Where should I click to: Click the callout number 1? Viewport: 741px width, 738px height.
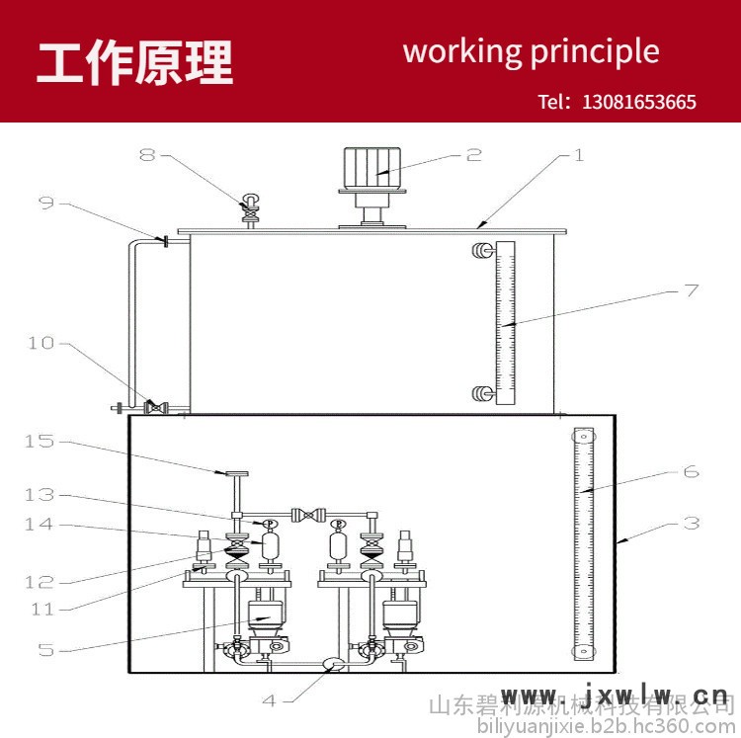(580, 155)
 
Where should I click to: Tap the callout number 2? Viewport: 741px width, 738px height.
(473, 154)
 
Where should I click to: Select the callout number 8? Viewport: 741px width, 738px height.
(147, 155)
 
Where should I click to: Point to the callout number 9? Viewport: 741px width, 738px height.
(46, 203)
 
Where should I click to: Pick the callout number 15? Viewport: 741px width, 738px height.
(39, 441)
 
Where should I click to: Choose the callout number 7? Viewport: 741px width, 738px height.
(691, 290)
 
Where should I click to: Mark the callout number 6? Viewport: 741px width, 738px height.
(691, 471)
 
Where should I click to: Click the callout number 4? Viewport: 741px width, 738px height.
(270, 700)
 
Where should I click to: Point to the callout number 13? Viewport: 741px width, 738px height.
(39, 494)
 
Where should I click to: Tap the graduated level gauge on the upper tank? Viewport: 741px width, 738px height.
(505, 321)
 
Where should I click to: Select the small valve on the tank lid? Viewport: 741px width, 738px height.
(251, 208)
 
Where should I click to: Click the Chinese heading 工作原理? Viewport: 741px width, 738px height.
(135, 62)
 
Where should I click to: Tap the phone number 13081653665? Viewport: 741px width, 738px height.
(639, 102)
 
